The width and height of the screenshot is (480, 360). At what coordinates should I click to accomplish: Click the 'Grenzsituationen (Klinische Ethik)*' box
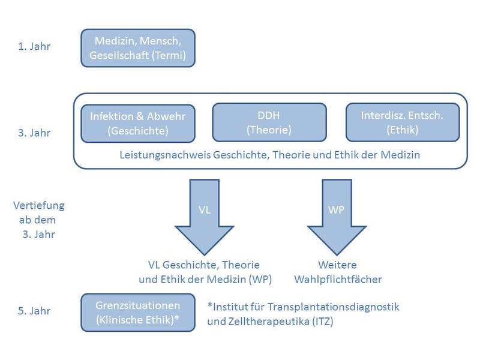[137, 312]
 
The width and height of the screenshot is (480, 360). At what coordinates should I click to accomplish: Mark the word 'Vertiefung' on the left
[38, 205]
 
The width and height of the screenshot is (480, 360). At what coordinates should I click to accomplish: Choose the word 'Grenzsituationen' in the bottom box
[137, 305]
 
